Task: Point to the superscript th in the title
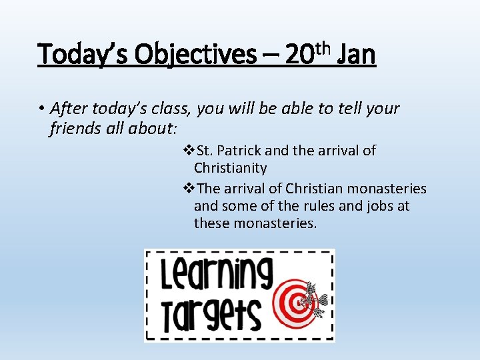click(x=323, y=47)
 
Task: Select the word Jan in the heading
click(x=357, y=55)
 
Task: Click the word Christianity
click(x=230, y=168)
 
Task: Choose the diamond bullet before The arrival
click(x=188, y=189)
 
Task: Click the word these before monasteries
click(x=212, y=224)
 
